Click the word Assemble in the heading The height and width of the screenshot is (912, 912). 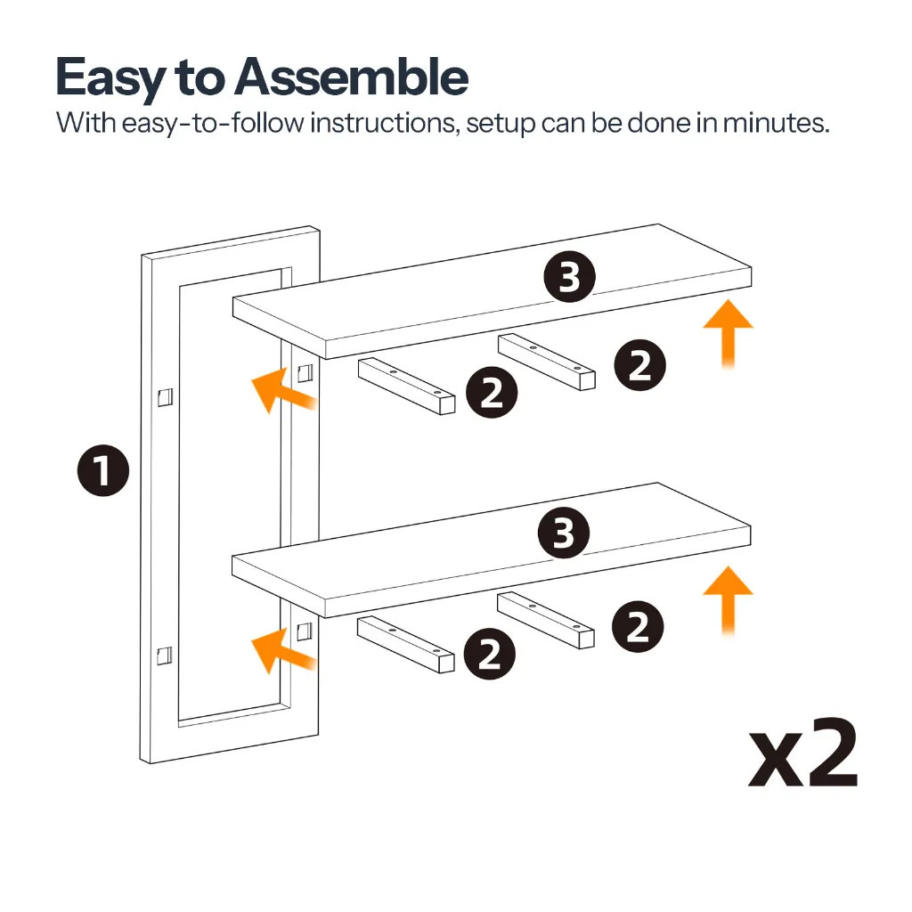pyautogui.click(x=351, y=77)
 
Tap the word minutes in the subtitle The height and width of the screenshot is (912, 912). pyautogui.click(x=776, y=123)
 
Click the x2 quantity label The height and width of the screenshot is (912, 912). pyautogui.click(x=802, y=752)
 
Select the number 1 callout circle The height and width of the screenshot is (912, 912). pyautogui.click(x=103, y=470)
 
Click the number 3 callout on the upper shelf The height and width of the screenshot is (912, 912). pyautogui.click(x=569, y=277)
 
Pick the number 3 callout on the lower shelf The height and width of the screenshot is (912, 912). pyautogui.click(x=564, y=533)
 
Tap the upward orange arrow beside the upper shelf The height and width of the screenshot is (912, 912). pyautogui.click(x=729, y=333)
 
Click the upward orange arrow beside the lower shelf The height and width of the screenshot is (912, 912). pyautogui.click(x=729, y=600)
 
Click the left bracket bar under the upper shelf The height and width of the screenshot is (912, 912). pyautogui.click(x=406, y=387)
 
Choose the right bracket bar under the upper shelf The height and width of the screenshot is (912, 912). pyautogui.click(x=547, y=362)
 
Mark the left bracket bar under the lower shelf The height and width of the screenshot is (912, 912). pyautogui.click(x=405, y=645)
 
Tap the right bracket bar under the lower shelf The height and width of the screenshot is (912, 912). pyautogui.click(x=546, y=620)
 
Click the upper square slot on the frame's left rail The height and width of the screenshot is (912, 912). pyautogui.click(x=165, y=396)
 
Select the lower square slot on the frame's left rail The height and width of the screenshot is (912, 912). pyautogui.click(x=165, y=655)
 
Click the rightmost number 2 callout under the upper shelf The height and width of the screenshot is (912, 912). pyautogui.click(x=639, y=365)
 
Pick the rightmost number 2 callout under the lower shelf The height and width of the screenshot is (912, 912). pyautogui.click(x=638, y=626)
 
